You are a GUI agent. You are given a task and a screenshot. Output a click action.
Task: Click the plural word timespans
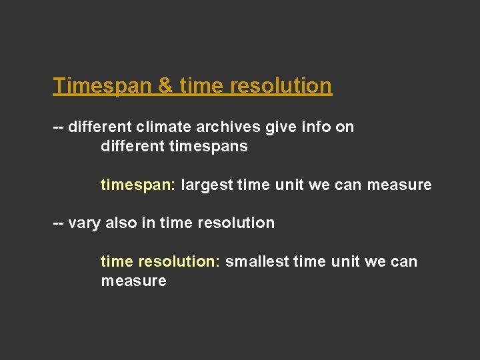pyautogui.click(x=208, y=146)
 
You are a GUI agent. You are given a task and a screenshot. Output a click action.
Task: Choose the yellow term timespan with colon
pyautogui.click(x=138, y=185)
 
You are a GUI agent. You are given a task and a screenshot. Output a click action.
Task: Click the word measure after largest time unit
pyautogui.click(x=399, y=185)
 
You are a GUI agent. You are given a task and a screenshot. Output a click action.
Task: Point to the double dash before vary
pyautogui.click(x=59, y=223)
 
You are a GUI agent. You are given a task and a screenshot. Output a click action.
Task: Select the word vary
pyautogui.click(x=83, y=223)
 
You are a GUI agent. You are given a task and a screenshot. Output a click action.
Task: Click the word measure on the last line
pyautogui.click(x=133, y=281)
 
